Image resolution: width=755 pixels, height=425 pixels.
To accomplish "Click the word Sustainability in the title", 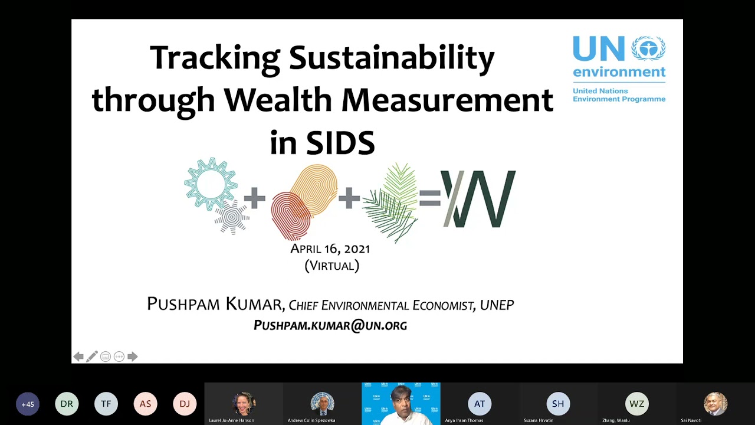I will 391,58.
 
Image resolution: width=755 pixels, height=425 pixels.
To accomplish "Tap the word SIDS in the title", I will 340,143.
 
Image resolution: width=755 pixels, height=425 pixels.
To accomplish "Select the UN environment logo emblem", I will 648,48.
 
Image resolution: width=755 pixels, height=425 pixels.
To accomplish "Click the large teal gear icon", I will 210,183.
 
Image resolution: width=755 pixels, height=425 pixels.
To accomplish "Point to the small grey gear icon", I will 232,217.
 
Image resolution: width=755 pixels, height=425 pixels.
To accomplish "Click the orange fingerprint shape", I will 314,189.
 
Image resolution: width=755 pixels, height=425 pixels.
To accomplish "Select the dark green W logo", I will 478,199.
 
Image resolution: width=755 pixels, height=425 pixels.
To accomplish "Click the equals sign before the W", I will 430,198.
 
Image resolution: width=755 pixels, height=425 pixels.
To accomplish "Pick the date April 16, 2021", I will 330,249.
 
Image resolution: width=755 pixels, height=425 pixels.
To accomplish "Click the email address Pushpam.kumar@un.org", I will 330,325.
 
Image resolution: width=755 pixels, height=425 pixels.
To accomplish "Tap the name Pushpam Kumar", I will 215,305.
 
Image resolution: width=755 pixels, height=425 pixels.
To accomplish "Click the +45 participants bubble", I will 28,404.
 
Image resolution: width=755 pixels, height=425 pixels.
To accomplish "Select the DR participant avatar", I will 67,404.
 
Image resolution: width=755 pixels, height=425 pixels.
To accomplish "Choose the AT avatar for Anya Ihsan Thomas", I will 480,404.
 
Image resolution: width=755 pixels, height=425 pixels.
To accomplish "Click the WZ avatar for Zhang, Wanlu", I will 636,404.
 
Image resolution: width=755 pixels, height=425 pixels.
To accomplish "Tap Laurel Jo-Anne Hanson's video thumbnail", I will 244,404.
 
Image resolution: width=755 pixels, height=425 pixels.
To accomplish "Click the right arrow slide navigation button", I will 132,357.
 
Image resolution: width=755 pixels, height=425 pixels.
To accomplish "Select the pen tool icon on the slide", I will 92,357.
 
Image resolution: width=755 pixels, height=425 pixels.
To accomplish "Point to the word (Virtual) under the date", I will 331,266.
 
